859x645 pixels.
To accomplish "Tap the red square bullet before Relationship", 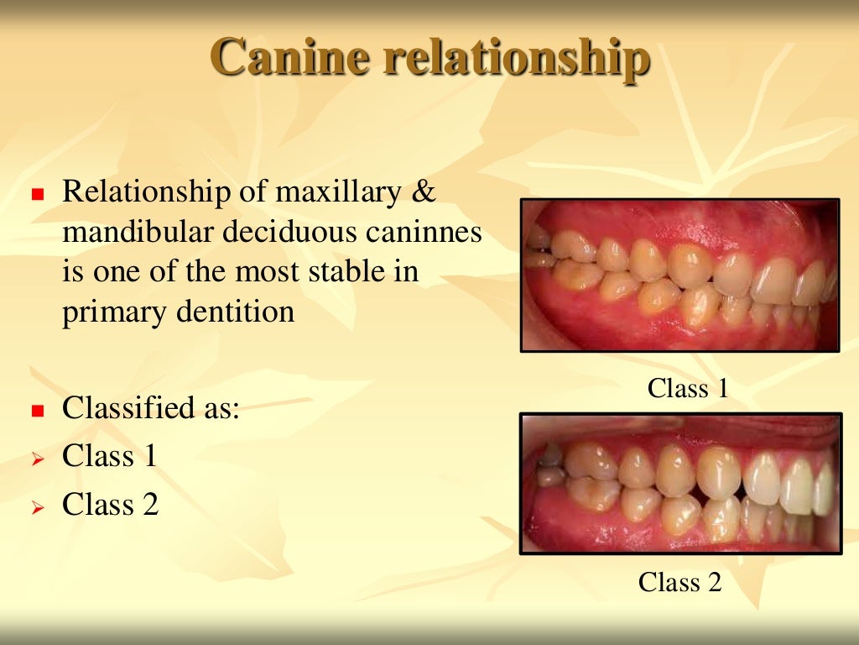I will tap(36, 195).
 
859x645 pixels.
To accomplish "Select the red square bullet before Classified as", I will tap(36, 412).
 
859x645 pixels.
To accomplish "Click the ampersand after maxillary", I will tap(425, 192).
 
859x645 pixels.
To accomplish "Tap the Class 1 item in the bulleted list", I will tap(110, 456).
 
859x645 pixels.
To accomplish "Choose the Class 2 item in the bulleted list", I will tap(110, 505).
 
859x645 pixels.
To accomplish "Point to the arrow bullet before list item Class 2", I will tap(36, 507).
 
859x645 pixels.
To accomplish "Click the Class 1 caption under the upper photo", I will tap(688, 388).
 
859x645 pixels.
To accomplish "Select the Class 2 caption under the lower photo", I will tap(679, 582).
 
